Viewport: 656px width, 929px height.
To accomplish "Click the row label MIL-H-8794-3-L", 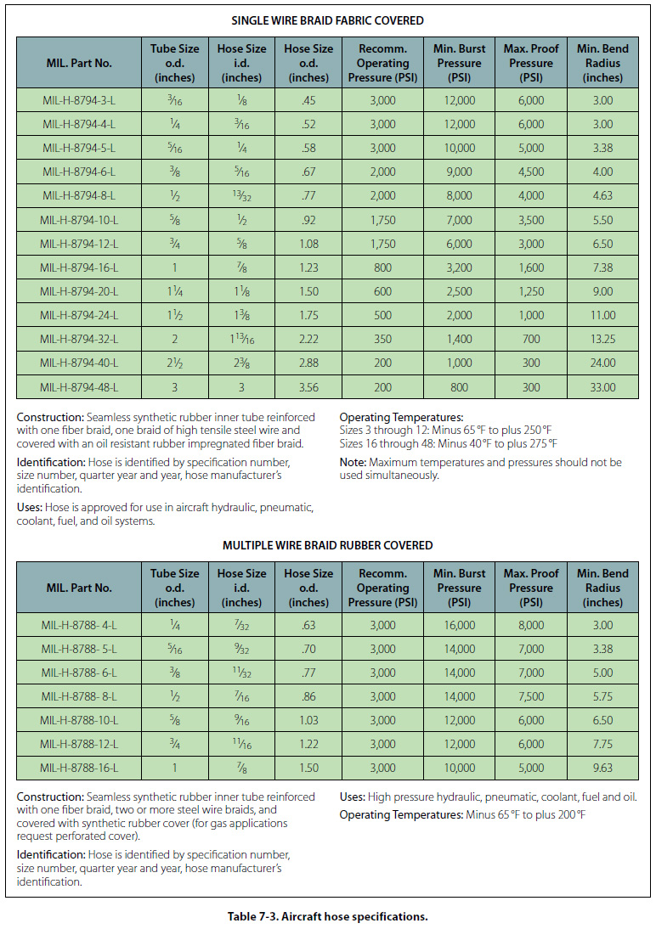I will click(79, 101).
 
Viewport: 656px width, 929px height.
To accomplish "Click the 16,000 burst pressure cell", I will click(460, 626).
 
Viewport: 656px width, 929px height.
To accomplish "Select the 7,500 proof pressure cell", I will click(531, 697).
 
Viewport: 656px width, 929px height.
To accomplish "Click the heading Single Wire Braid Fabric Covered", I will click(327, 20).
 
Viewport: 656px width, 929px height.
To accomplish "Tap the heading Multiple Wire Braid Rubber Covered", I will click(327, 545).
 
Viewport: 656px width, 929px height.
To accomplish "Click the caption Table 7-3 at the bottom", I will click(327, 916).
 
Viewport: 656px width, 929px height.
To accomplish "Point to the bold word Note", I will click(353, 462).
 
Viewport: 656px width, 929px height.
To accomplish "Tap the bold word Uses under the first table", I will click(30, 507).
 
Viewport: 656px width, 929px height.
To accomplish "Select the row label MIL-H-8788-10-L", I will click(79, 721).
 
